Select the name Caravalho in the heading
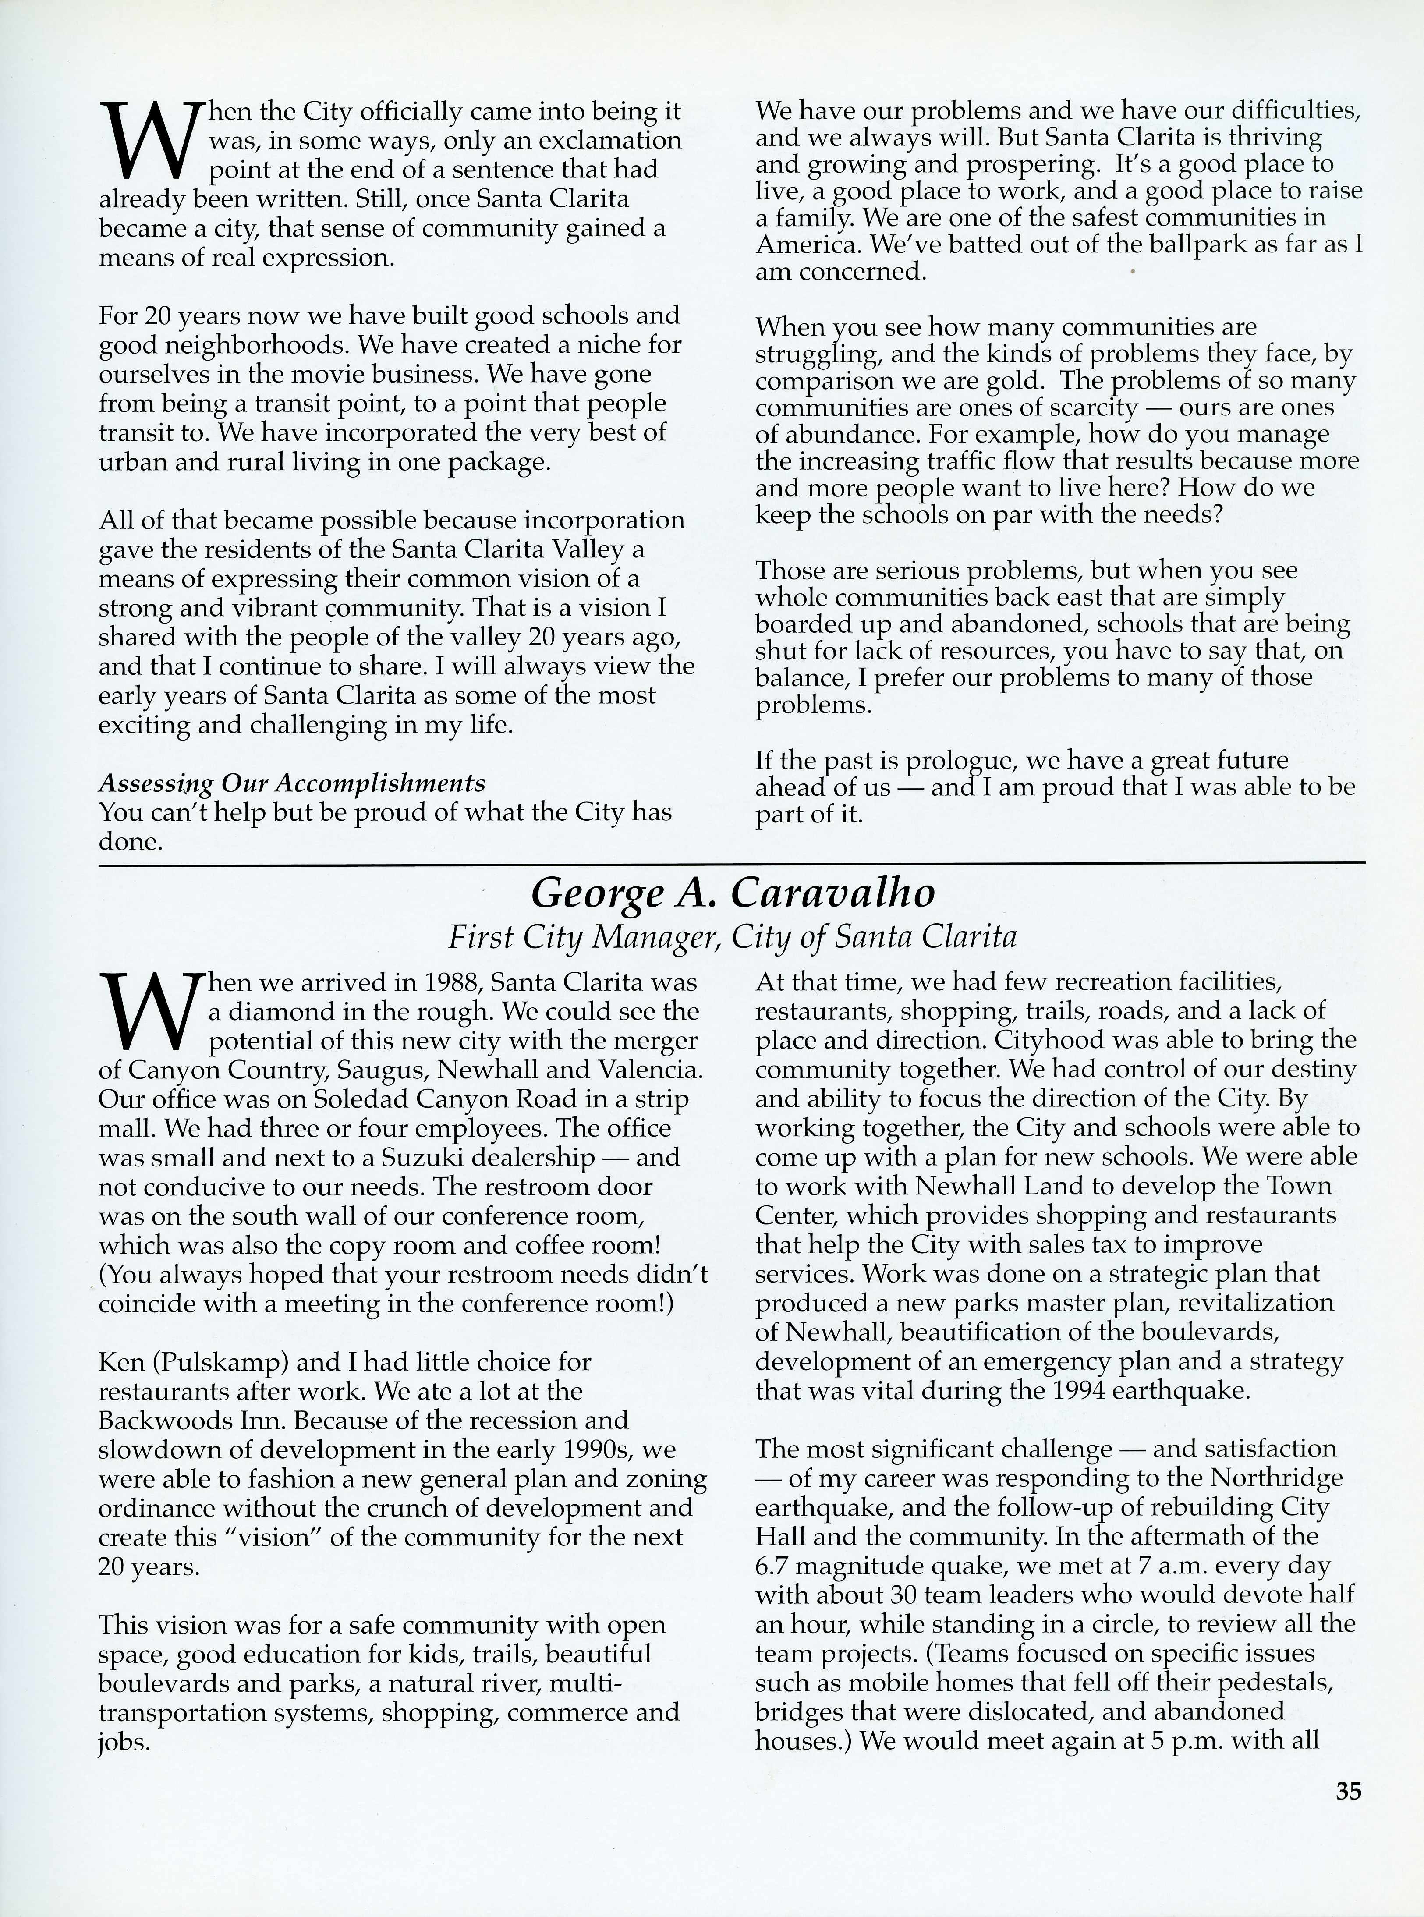click(832, 894)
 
